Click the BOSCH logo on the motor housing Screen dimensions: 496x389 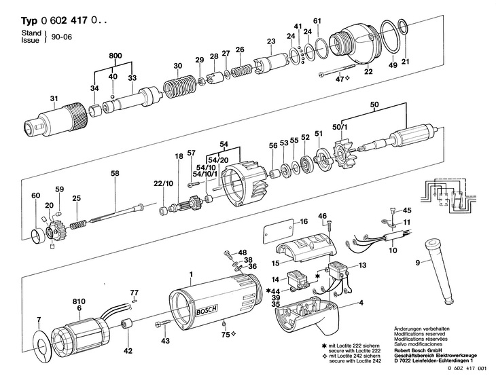(207, 310)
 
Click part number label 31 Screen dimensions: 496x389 (54, 98)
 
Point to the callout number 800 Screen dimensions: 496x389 (115, 56)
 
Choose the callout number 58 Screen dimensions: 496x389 (115, 173)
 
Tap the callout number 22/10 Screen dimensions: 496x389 (164, 183)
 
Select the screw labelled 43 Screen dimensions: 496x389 (163, 323)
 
